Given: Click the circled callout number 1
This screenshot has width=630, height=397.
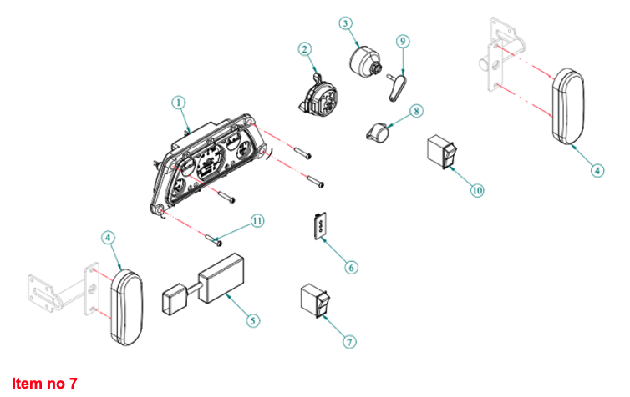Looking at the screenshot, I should (x=178, y=103).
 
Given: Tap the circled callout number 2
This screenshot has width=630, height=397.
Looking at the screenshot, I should (x=305, y=49).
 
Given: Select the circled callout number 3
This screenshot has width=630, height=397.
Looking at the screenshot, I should (x=346, y=23).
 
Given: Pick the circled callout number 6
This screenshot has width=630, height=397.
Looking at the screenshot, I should (x=352, y=267).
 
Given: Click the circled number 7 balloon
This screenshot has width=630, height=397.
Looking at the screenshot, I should (x=351, y=342).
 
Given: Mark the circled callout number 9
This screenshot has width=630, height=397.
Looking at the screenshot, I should (x=403, y=40).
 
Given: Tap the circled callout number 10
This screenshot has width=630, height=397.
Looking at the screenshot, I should (x=477, y=190).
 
